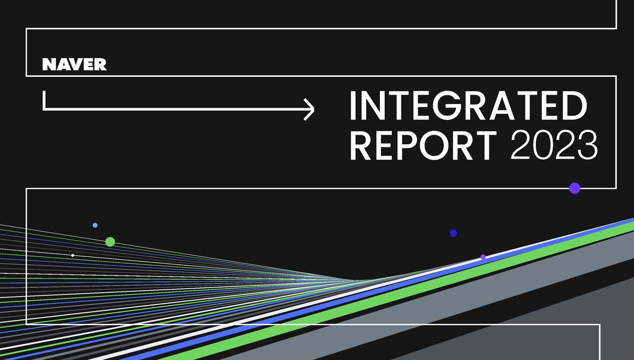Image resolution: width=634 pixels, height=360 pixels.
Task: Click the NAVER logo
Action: tap(74, 65)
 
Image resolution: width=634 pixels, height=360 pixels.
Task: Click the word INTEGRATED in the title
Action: tap(468, 106)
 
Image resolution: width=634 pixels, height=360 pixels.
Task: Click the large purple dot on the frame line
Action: tap(575, 188)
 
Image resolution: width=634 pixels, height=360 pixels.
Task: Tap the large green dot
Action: tap(110, 242)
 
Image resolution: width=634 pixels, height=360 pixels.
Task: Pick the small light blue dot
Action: tap(95, 225)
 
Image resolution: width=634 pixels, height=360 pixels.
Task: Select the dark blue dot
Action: tap(453, 233)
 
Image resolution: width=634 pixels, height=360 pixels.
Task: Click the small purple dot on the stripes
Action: tap(483, 257)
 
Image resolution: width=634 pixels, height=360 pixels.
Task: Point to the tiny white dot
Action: tap(73, 255)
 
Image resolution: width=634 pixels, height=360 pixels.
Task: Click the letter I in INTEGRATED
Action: tap(353, 106)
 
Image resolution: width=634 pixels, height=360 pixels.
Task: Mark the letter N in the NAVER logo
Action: tap(48, 65)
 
